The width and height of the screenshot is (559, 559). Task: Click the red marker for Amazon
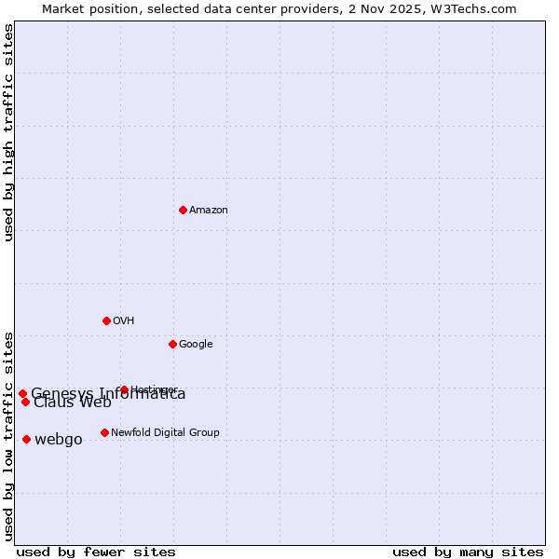click(x=183, y=210)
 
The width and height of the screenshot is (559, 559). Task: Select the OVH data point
click(x=106, y=320)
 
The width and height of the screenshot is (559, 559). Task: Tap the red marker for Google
click(x=172, y=344)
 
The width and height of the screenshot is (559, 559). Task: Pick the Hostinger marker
click(x=124, y=389)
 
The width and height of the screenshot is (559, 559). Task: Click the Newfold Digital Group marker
click(x=104, y=432)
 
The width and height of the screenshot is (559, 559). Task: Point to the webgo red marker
click(x=26, y=439)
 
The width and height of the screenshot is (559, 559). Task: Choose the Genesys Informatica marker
click(x=22, y=393)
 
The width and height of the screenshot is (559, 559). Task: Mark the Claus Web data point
click(x=25, y=402)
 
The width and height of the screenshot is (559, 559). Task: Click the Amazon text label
click(x=208, y=211)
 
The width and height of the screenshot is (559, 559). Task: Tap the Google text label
click(x=196, y=345)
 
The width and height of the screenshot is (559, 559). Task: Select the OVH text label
click(x=123, y=321)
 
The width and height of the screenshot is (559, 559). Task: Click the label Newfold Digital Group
click(x=165, y=433)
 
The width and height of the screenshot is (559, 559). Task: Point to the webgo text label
click(x=58, y=440)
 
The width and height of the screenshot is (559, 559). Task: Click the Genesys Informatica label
click(x=108, y=394)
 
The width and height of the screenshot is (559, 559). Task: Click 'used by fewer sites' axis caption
click(x=96, y=552)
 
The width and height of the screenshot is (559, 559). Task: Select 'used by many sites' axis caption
click(x=468, y=552)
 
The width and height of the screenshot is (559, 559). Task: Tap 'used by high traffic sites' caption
click(x=9, y=132)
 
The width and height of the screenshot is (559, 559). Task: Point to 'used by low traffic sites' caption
click(x=9, y=435)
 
